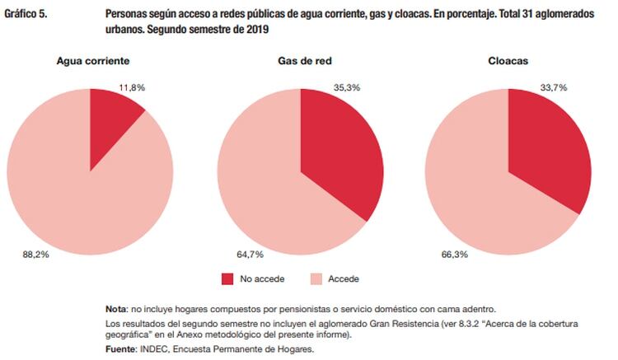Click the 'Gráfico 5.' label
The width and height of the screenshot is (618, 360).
[x=26, y=15]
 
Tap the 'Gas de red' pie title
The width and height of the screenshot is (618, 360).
[x=300, y=61]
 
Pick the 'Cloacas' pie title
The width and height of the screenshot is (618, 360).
[x=508, y=61]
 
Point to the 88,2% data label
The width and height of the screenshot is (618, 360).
[x=35, y=255]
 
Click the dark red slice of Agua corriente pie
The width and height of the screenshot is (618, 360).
[x=111, y=124]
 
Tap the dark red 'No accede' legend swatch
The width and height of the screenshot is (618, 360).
[x=228, y=279]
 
